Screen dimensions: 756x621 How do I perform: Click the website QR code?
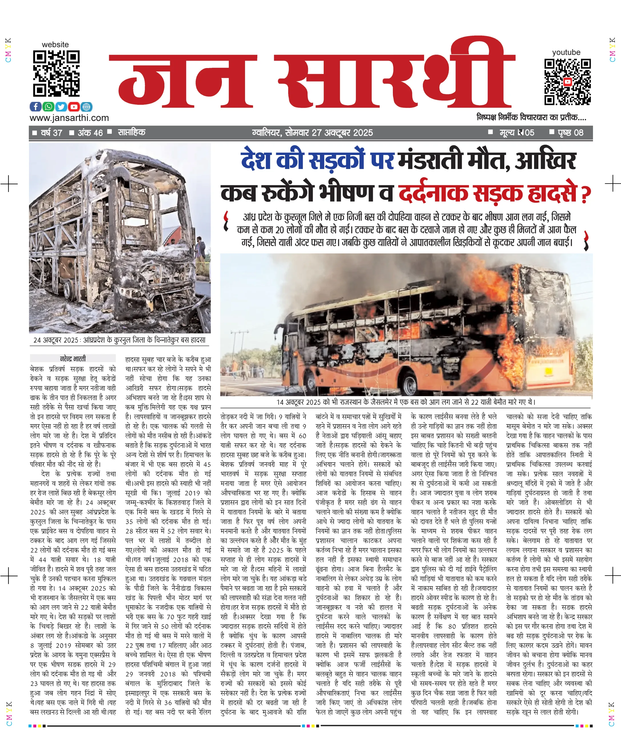pos(56,73)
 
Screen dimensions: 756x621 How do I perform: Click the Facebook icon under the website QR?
pos(35,107)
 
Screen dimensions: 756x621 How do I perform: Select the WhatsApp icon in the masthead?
pos(48,107)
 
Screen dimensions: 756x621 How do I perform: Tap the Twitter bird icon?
pos(61,107)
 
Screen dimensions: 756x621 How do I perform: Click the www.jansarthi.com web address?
pos(69,118)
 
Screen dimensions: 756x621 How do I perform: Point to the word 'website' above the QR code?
pos(55,45)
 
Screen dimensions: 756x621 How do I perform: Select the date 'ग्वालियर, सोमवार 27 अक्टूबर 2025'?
pos(312,133)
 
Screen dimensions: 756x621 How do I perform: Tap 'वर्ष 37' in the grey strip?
pos(51,133)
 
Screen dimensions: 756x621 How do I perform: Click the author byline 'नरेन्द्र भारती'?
pos(73,359)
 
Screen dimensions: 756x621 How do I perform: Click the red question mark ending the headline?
pos(585,195)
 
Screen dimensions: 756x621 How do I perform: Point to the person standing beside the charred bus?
pos(201,252)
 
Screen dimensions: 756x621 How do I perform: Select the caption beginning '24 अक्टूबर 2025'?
pos(120,340)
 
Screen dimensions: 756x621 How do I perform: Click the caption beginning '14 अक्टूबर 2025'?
pos(406,402)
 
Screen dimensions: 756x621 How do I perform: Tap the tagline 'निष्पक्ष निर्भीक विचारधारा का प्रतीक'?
pos(531,117)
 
